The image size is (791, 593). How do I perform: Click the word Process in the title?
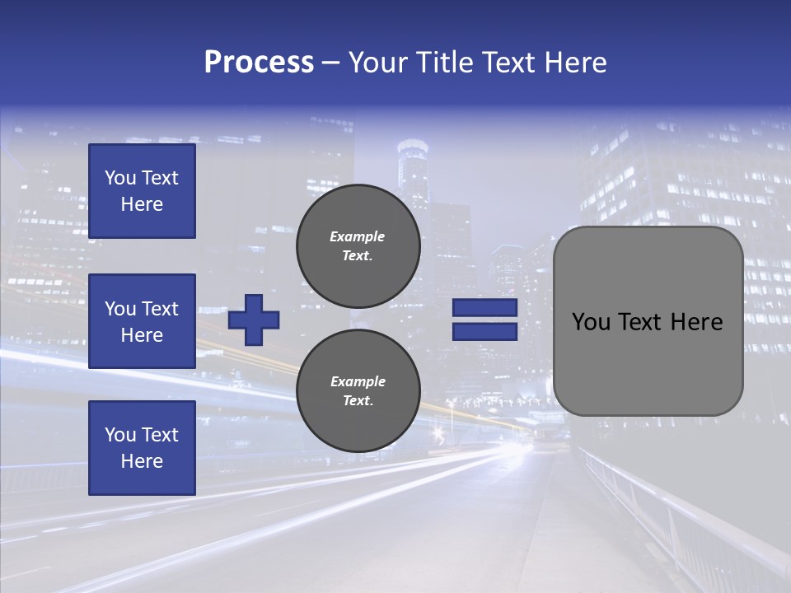point(259,62)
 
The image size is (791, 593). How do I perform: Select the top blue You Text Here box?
point(142,191)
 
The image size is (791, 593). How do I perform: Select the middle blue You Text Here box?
point(142,321)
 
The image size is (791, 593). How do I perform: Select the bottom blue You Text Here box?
point(142,447)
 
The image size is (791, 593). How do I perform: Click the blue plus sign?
point(254,320)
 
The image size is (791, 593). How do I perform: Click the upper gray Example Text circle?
point(358,246)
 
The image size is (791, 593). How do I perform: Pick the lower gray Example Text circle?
point(358,391)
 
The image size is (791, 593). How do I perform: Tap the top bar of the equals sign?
point(484,308)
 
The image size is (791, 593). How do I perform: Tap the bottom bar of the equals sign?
point(484,331)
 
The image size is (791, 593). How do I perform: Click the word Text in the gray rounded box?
point(644,321)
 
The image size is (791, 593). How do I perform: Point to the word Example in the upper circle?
point(357,236)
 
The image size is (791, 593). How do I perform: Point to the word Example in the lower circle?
point(358,381)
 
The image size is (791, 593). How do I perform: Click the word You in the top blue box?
point(120,178)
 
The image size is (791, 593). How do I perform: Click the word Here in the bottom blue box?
point(142,461)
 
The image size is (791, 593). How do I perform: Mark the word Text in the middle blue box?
point(159,309)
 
